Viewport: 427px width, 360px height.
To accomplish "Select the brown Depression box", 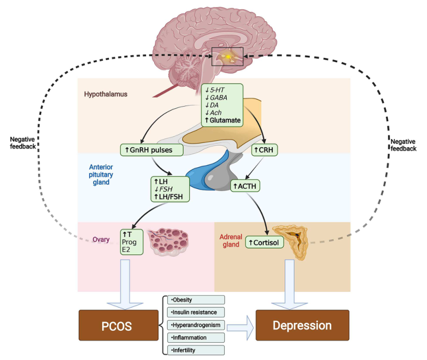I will point(302,325).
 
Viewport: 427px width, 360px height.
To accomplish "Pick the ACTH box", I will point(246,186).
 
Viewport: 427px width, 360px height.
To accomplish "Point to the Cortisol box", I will point(265,243).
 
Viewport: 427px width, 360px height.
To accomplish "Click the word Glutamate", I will point(225,120).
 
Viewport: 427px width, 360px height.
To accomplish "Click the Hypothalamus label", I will point(106,94).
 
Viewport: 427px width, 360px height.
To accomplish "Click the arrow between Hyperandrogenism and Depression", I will point(240,326).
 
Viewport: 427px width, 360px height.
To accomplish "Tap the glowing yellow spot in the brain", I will point(229,56).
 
